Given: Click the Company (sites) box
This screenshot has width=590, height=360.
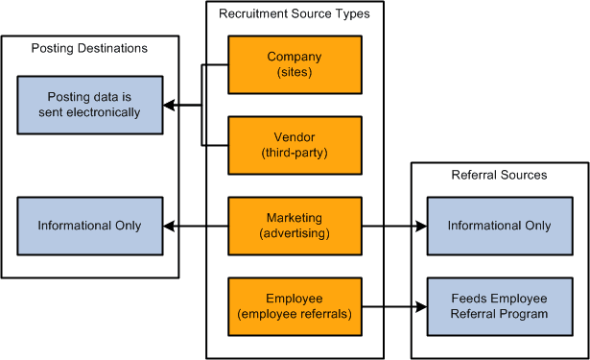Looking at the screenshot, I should [x=295, y=64].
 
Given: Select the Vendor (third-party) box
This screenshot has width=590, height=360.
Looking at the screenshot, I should [x=295, y=144].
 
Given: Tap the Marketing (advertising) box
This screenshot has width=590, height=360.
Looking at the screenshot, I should [x=295, y=226].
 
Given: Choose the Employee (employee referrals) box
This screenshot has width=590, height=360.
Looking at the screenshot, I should [x=295, y=306].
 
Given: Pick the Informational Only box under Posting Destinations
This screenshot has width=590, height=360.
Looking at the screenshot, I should [x=89, y=226].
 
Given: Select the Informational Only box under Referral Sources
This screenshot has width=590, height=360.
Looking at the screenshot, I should [x=499, y=226].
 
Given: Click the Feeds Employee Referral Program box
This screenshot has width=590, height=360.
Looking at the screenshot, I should [x=499, y=306].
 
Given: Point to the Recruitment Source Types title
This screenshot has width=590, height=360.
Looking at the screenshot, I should [x=294, y=13].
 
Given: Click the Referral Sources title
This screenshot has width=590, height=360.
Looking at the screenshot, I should [x=499, y=175].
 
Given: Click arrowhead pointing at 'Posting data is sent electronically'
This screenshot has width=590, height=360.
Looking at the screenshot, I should [x=167, y=105].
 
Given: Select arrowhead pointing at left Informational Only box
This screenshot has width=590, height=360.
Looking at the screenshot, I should [x=167, y=226].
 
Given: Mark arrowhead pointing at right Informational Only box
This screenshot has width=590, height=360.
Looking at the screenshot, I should [x=421, y=226].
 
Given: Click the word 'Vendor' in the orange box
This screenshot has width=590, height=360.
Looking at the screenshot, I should [x=295, y=137].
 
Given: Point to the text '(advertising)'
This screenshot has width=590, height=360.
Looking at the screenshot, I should [x=295, y=233].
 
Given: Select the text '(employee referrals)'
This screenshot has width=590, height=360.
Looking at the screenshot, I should [x=295, y=314].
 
